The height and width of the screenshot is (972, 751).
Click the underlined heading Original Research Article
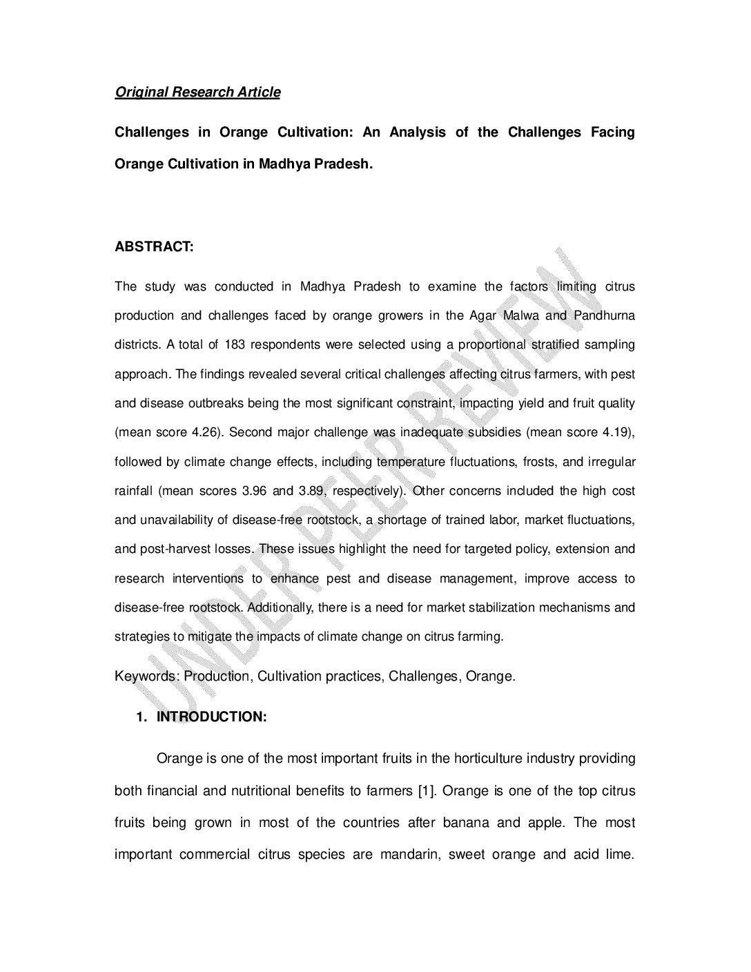coord(197,92)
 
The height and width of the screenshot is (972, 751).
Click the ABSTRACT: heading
coord(154,246)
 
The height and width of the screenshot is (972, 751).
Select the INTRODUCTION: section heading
coord(211,717)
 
